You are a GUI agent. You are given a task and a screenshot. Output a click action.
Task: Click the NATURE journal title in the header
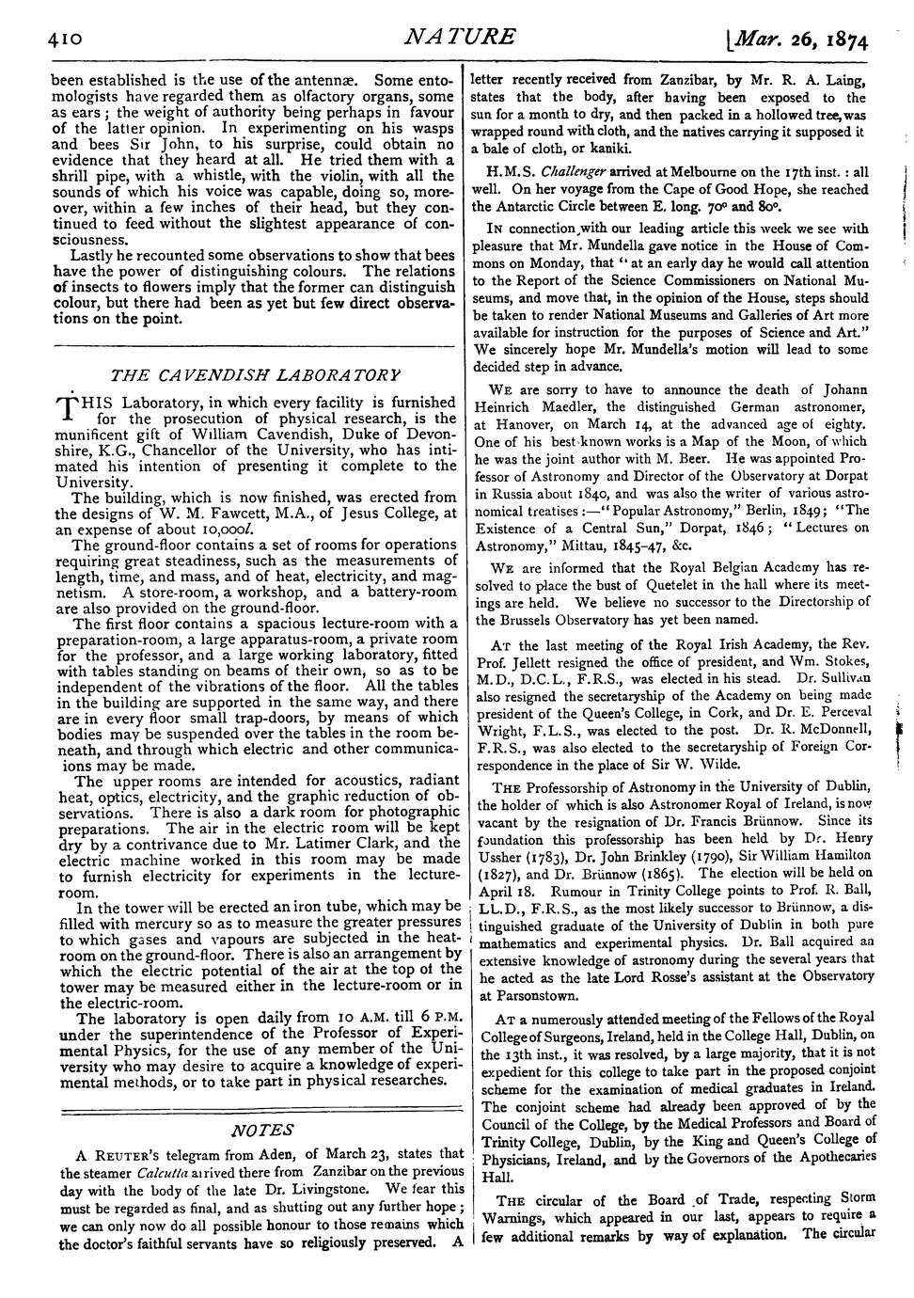tap(458, 37)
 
